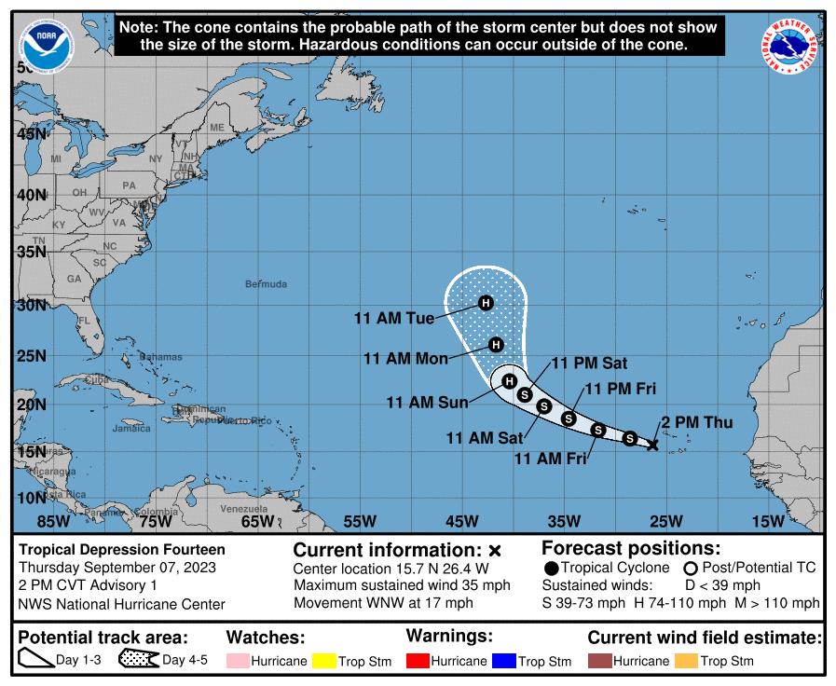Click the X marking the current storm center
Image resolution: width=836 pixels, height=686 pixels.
[x=652, y=445]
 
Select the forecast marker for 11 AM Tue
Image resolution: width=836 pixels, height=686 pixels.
[x=485, y=302]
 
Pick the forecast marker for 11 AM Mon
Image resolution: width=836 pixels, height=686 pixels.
[x=497, y=345]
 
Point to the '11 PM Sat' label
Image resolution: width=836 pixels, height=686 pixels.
[x=589, y=364]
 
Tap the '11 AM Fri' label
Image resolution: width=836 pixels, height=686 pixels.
[x=549, y=459]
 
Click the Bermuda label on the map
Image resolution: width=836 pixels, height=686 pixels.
[x=266, y=284]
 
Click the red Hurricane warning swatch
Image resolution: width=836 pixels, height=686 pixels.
[x=418, y=661]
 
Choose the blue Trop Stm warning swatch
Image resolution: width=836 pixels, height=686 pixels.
[x=504, y=661]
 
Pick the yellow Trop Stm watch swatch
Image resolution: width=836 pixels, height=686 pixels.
[x=324, y=661]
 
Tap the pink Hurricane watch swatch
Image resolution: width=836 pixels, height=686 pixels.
[x=239, y=661]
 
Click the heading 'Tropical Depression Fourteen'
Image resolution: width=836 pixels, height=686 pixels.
[x=122, y=550]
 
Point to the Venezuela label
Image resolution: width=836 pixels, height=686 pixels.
[x=243, y=509]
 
